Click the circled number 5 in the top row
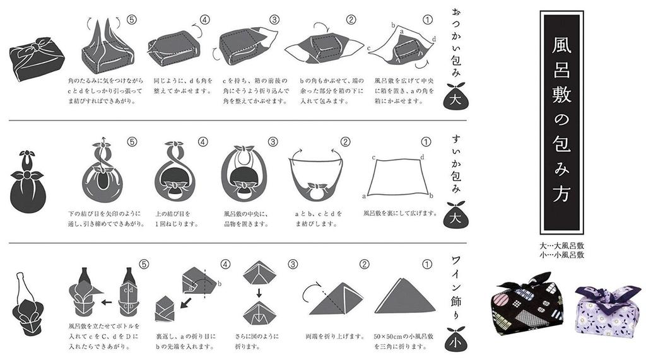click(132, 20)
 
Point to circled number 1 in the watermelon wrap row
click(426, 142)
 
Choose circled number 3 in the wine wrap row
click(292, 264)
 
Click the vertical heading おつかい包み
click(457, 44)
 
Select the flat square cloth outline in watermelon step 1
click(400, 175)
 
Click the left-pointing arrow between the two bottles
click(107, 302)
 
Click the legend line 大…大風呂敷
click(561, 245)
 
